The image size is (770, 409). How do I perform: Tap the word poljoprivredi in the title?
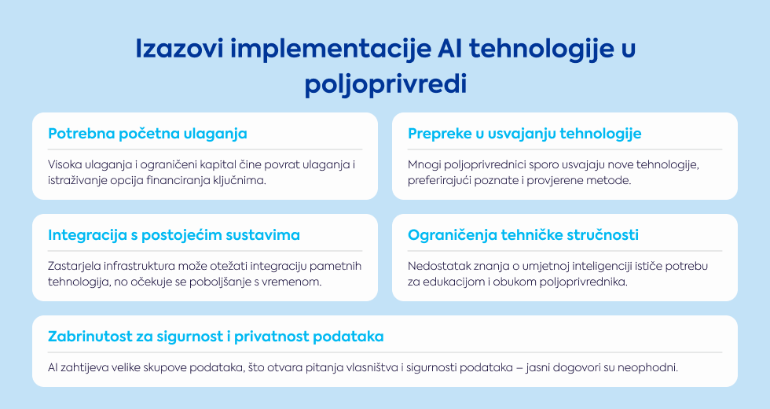point(386,85)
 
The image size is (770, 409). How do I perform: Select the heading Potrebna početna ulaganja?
point(148,134)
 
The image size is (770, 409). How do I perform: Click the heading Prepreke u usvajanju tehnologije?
point(525,134)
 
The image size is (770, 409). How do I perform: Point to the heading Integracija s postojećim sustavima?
point(174,235)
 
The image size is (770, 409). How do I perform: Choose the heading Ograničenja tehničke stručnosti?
point(523,235)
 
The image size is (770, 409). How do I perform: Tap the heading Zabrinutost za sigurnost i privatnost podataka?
point(215,337)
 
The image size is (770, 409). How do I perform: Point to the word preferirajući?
point(438,180)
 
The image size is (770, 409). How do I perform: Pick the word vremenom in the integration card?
point(297,282)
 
